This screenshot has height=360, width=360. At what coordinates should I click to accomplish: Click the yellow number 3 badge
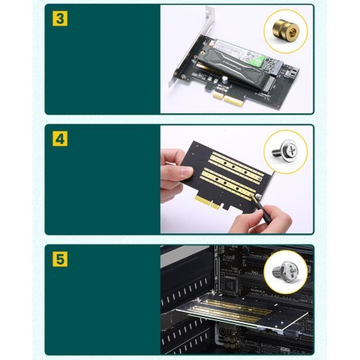click(x=59, y=18)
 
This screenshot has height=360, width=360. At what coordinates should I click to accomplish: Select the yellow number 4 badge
click(x=59, y=138)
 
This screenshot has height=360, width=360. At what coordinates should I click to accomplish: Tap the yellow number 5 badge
click(x=59, y=259)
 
